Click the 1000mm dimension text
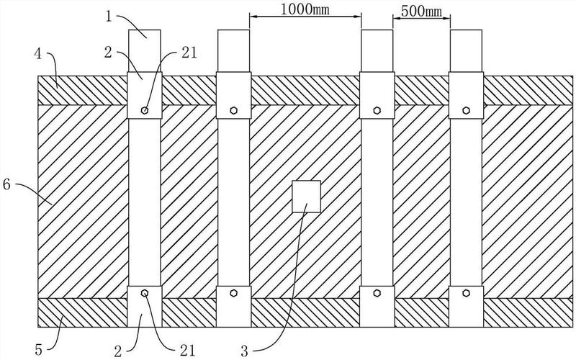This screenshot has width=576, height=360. click(305, 9)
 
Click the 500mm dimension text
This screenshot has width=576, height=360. click(421, 12)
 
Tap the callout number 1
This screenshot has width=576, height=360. click(109, 17)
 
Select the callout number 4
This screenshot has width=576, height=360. click(38, 55)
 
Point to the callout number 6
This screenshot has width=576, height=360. click(6, 184)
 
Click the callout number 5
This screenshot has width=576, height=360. click(39, 349)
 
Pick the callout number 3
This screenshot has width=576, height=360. click(244, 351)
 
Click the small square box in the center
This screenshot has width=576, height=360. click(307, 196)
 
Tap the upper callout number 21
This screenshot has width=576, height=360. click(189, 53)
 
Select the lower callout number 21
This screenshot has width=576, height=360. click(187, 351)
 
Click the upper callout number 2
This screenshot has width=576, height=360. click(107, 53)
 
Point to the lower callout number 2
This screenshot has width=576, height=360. click(117, 351)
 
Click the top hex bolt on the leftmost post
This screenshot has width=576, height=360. click(145, 110)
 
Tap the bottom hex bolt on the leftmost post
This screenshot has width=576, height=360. click(145, 293)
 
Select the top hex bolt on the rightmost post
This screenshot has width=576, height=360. click(466, 110)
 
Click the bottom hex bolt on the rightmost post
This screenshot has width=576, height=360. click(466, 293)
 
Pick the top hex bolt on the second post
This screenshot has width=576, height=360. click(233, 110)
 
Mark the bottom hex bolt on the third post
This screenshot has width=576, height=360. click(377, 293)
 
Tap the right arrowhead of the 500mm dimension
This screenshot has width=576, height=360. click(446, 17)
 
